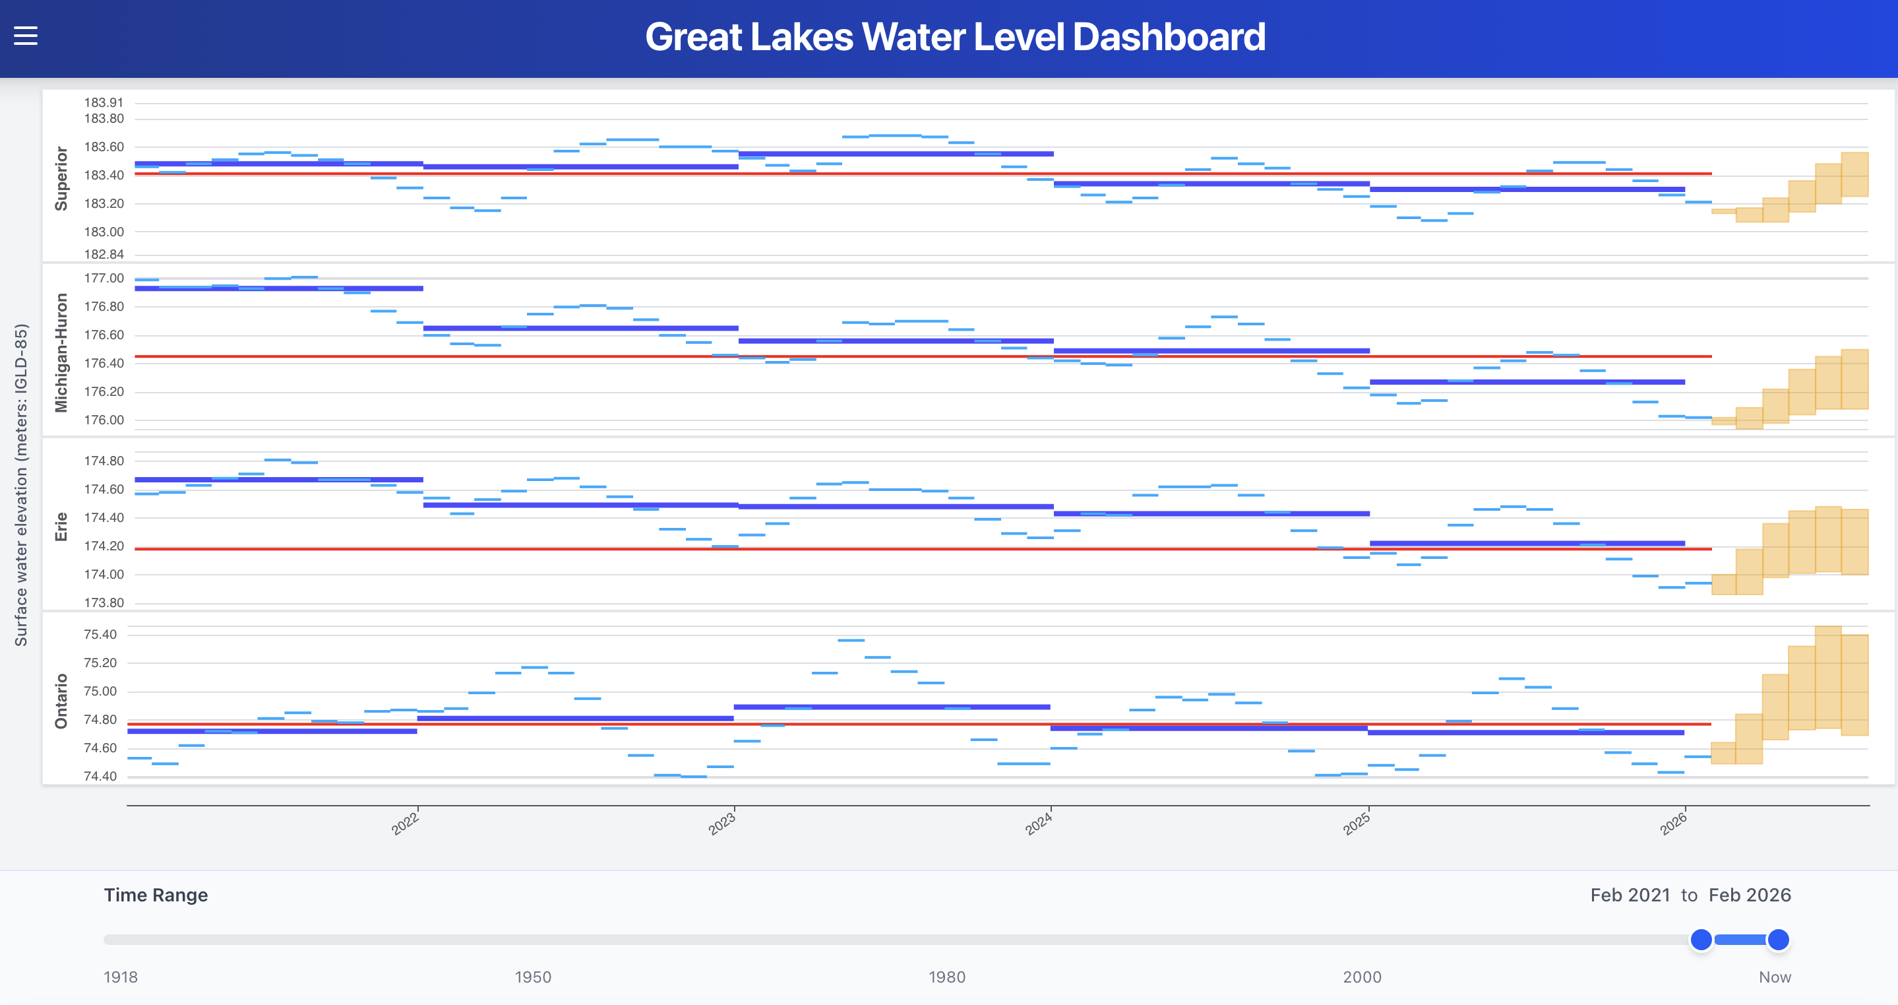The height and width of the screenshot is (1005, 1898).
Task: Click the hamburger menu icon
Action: coord(26,36)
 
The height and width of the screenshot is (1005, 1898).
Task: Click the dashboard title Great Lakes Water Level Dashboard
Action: coord(955,37)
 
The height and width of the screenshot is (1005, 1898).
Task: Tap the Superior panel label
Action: coord(61,178)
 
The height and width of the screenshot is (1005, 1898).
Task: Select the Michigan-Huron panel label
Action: coord(61,352)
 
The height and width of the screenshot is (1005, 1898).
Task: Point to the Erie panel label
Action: coord(61,527)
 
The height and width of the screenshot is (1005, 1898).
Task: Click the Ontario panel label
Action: coord(61,701)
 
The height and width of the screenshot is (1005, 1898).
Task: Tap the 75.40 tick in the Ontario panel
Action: coord(100,634)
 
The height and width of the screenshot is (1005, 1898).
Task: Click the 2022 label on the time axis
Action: coord(405,823)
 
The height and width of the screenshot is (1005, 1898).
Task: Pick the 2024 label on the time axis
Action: coord(1038,823)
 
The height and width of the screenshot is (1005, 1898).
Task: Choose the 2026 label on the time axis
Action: coord(1672,823)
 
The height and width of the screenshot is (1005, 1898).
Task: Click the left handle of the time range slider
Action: coord(1701,940)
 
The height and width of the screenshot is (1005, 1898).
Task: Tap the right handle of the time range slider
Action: coord(1778,940)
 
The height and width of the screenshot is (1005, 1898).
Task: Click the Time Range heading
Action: coord(156,895)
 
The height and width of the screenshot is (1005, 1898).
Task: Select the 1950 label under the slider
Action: coord(532,977)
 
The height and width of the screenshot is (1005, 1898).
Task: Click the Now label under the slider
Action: coord(1774,977)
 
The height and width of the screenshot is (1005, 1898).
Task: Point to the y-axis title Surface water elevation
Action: coord(21,484)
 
